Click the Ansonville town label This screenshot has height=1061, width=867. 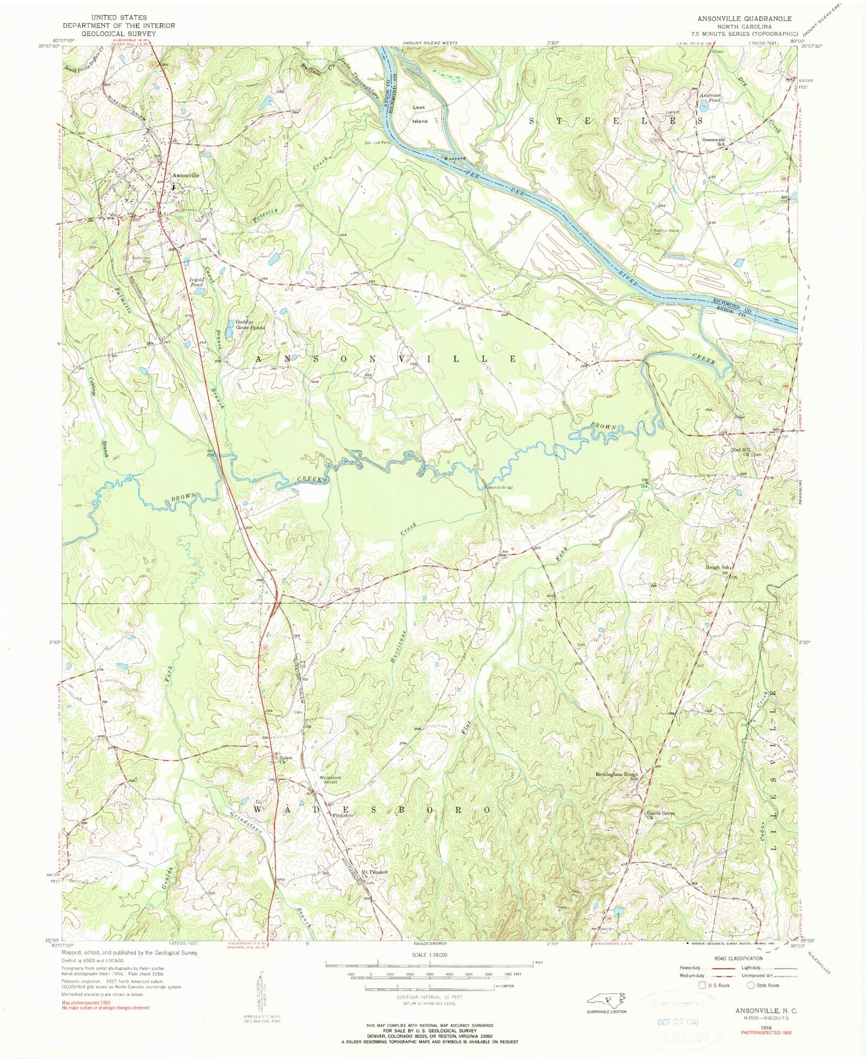(x=186, y=176)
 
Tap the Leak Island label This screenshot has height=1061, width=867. (x=419, y=114)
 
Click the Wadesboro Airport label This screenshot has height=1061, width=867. (x=329, y=780)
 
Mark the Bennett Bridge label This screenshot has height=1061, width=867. (x=501, y=487)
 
